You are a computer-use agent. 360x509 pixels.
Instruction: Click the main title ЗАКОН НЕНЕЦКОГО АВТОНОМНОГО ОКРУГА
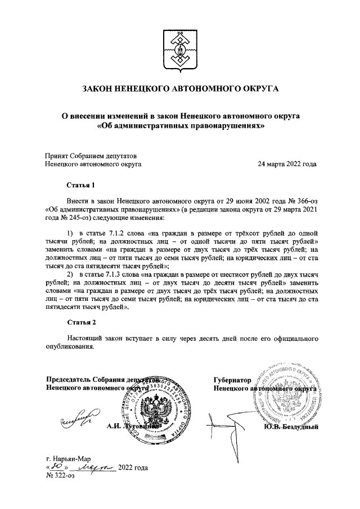coord(180,89)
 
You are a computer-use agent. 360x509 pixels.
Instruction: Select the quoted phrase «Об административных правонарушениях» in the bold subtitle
coord(180,127)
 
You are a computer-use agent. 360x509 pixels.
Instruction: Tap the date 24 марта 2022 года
coord(286,165)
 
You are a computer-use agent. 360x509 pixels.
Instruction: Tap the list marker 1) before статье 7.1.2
coord(70,233)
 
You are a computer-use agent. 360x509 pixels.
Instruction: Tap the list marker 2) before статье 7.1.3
coord(70,274)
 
